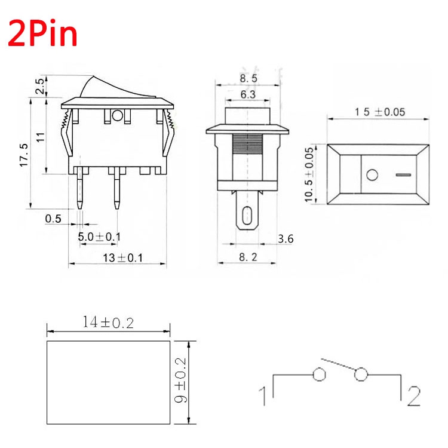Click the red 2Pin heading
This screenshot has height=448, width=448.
(x=42, y=33)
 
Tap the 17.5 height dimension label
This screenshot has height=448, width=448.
(x=24, y=155)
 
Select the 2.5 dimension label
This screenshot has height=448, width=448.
(x=40, y=85)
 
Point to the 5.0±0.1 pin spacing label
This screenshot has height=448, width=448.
(x=99, y=237)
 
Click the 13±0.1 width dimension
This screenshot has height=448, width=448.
(x=122, y=258)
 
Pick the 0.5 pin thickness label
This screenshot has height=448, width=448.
(x=53, y=219)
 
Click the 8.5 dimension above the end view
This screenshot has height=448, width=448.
(x=248, y=78)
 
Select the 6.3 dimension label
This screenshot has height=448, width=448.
(x=248, y=94)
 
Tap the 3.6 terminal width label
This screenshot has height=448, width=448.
(x=286, y=239)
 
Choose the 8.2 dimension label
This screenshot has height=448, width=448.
(x=248, y=257)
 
